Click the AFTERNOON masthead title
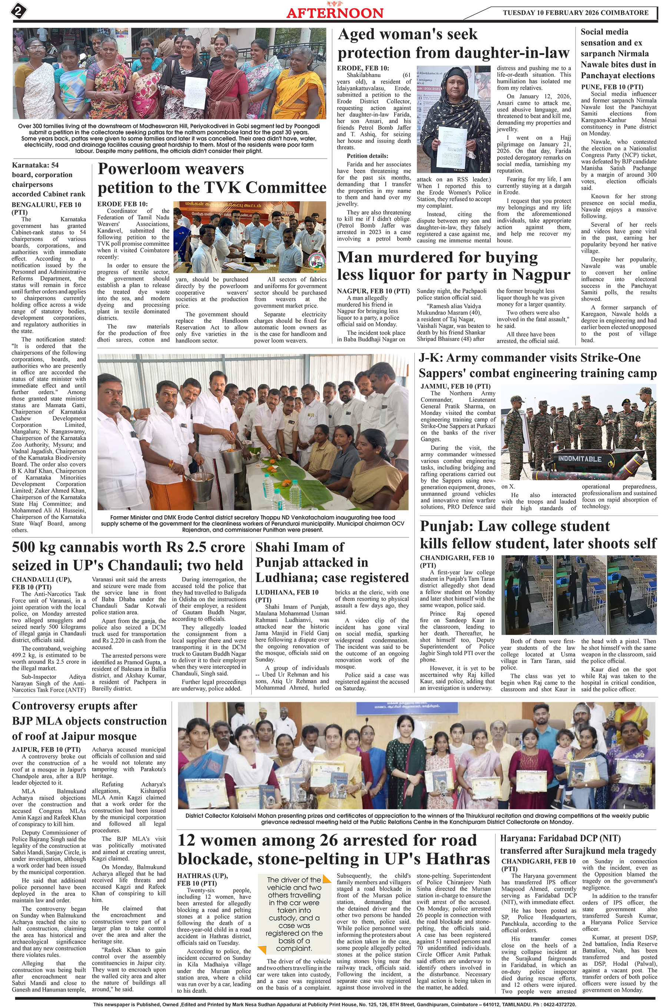pos(334,12)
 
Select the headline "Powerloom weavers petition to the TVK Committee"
pos(212,178)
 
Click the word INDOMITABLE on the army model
pos(580,458)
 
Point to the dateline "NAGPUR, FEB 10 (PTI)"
pos(373,291)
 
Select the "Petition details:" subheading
pos(367,156)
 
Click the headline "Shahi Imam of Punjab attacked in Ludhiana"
pos(332,562)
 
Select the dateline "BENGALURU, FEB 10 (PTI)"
pos(46,208)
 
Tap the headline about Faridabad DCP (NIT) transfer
pos(578,844)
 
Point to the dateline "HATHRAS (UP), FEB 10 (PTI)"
pos(202,879)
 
